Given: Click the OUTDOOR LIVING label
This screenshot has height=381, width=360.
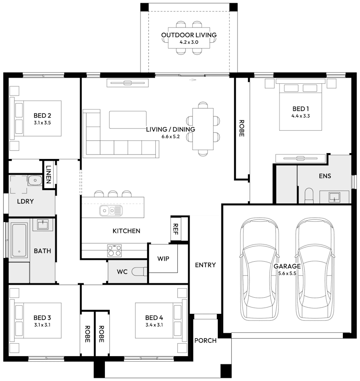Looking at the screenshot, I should [x=189, y=35].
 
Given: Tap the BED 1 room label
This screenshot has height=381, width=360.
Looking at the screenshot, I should [x=301, y=109].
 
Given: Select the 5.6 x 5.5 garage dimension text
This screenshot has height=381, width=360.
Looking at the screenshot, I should [x=287, y=274].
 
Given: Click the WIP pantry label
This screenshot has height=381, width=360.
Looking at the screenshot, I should [x=163, y=259].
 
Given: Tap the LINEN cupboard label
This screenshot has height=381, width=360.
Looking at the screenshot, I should [x=49, y=174].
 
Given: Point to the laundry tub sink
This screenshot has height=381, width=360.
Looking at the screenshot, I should [x=35, y=181].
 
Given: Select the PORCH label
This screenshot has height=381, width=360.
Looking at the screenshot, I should [x=205, y=340].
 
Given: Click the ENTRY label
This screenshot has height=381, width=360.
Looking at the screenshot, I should [x=205, y=265].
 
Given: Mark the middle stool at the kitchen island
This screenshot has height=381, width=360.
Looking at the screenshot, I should [x=112, y=194].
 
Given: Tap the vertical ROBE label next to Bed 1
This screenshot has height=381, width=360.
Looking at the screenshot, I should [x=242, y=128].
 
